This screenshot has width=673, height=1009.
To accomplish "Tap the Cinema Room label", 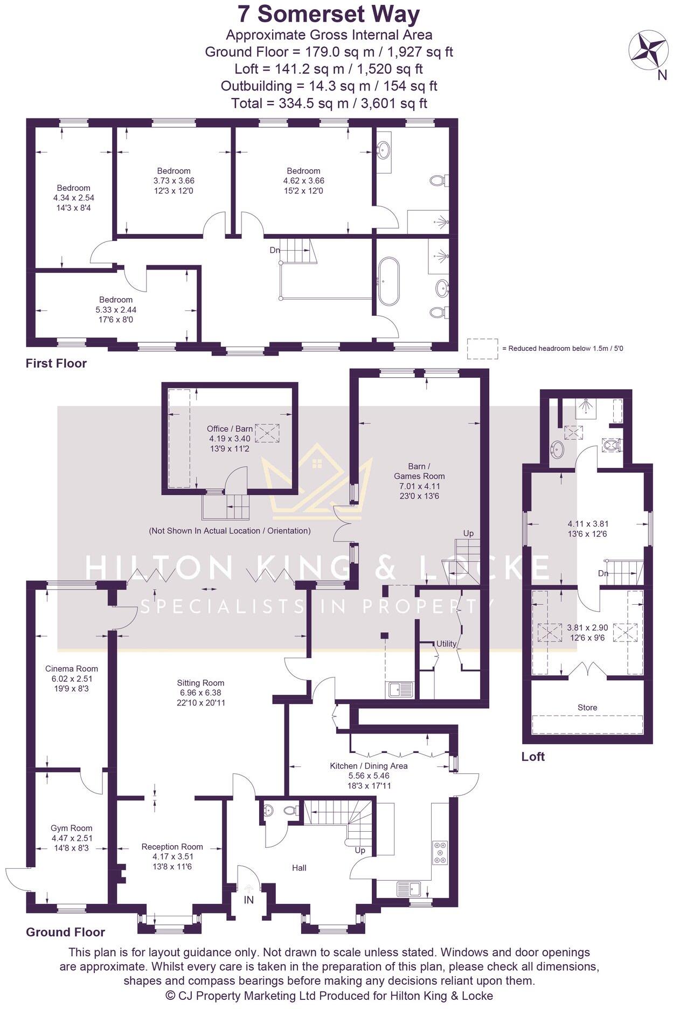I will coord(72,668).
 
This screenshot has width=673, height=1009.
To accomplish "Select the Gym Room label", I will coord(72,828).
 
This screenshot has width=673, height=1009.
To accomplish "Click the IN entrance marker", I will coord(249,900).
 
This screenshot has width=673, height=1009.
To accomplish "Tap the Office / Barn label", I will coord(230,429).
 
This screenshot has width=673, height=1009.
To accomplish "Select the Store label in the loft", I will coord(587,707).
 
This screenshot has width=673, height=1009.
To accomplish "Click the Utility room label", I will coord(447,644).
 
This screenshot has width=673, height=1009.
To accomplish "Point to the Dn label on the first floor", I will coord(275,250).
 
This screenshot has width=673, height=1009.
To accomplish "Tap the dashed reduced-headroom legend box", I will coord(482,348).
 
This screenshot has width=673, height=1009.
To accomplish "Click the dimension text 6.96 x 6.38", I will coord(200,693).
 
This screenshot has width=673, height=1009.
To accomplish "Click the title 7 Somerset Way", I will coord(329,15).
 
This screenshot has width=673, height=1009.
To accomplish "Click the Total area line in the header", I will coord(329,103).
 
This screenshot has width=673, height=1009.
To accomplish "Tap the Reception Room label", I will coord(172,847).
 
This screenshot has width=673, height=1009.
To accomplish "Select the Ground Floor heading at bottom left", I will coord(65,932).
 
